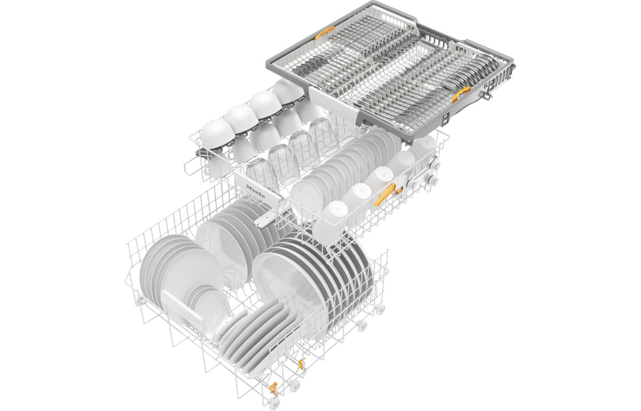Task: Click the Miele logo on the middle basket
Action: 255,191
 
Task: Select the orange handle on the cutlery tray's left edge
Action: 324,33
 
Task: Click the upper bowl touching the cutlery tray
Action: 288,91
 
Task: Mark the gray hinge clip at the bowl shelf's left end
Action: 201,153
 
